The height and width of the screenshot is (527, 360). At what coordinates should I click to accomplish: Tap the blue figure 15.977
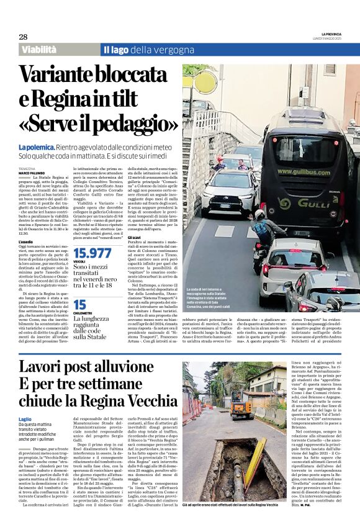pyautogui.click(x=92, y=253)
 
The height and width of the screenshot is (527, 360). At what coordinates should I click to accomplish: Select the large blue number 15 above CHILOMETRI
pyautogui.click(x=79, y=304)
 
